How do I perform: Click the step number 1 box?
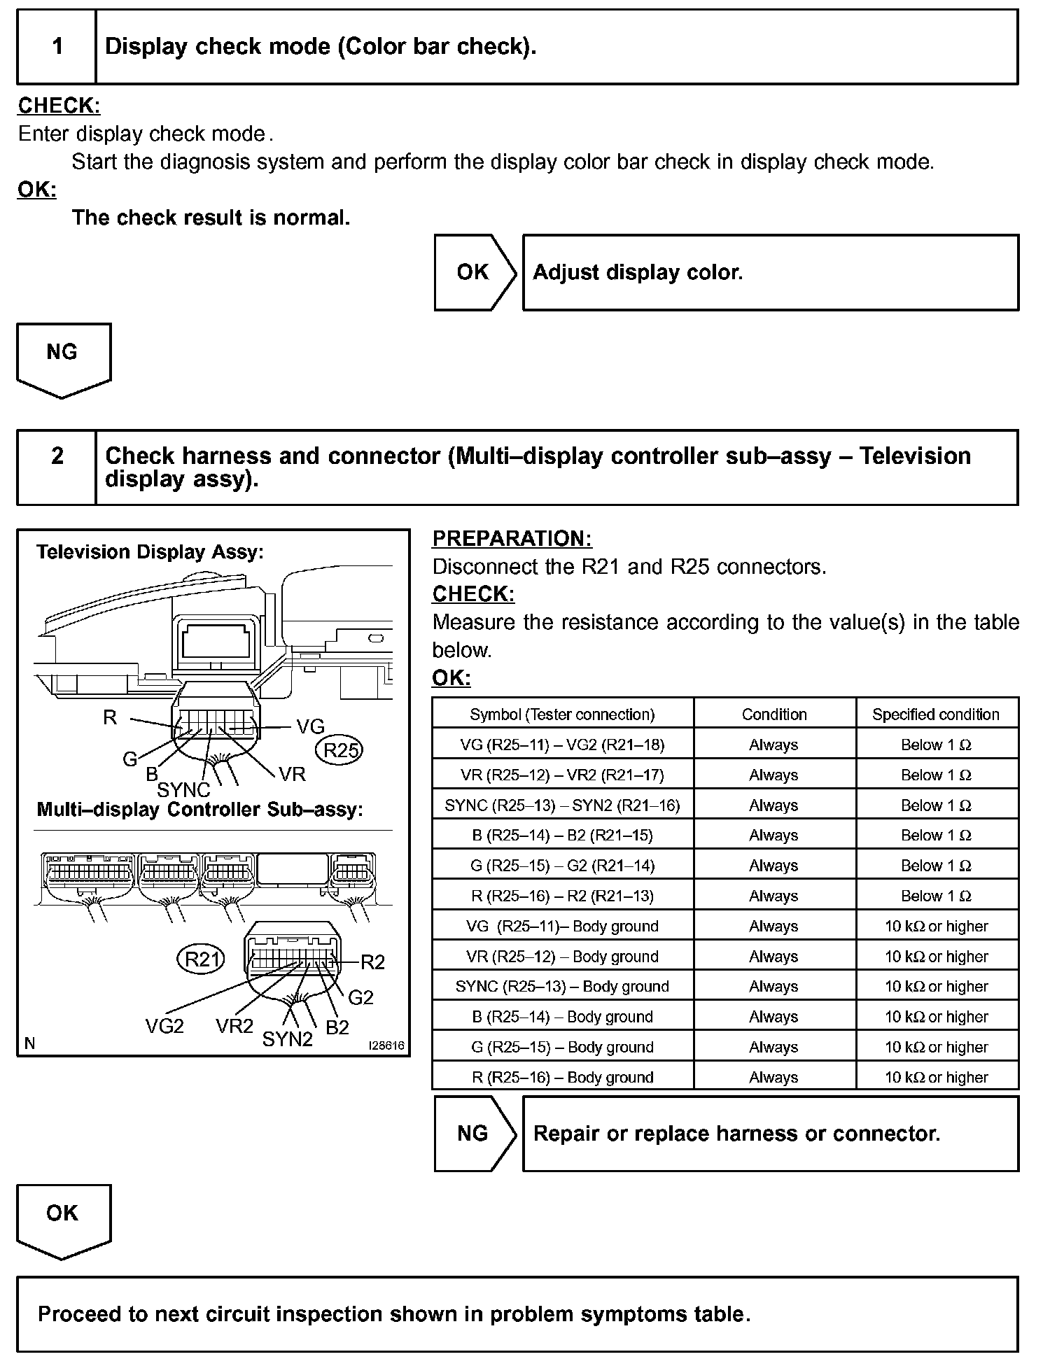tap(57, 47)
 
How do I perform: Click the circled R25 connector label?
tap(340, 750)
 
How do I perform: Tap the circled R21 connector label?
tap(201, 959)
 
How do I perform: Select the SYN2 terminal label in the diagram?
tap(287, 1039)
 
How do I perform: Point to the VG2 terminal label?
tap(164, 1026)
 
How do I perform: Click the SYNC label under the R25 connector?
tap(183, 790)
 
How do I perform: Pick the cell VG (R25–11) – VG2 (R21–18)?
tap(562, 745)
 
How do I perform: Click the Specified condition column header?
tap(936, 714)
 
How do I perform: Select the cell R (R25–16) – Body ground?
tap(562, 1077)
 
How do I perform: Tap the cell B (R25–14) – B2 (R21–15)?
tap(562, 835)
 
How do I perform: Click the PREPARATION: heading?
tap(512, 538)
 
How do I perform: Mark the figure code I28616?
tap(386, 1045)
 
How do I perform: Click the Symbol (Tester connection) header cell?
tap(562, 714)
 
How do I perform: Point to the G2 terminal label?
tap(360, 997)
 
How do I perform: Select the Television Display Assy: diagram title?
tap(150, 552)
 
